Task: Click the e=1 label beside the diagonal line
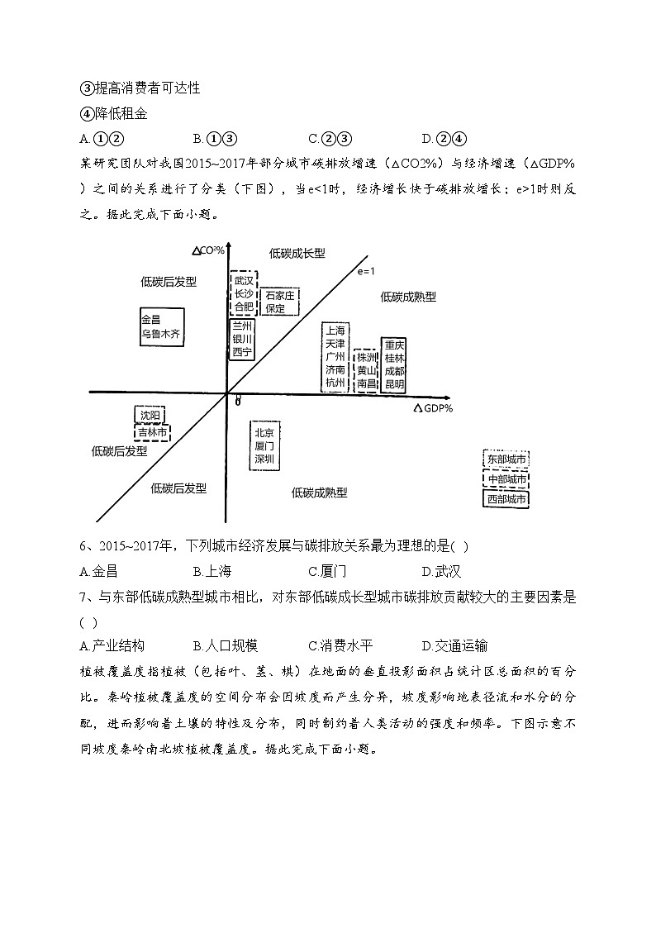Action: click(x=367, y=271)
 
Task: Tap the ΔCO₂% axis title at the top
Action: click(x=208, y=250)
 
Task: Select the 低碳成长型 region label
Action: click(x=297, y=253)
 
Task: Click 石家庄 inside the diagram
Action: click(x=280, y=295)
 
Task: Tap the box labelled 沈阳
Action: click(x=150, y=415)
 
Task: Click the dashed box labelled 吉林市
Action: click(x=152, y=432)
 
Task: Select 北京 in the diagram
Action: click(x=264, y=431)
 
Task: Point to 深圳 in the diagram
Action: click(x=264, y=459)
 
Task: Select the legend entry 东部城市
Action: click(x=506, y=459)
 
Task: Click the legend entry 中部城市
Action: click(x=506, y=479)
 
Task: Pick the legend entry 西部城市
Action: click(x=506, y=499)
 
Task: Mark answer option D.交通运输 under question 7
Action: click(x=454, y=645)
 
